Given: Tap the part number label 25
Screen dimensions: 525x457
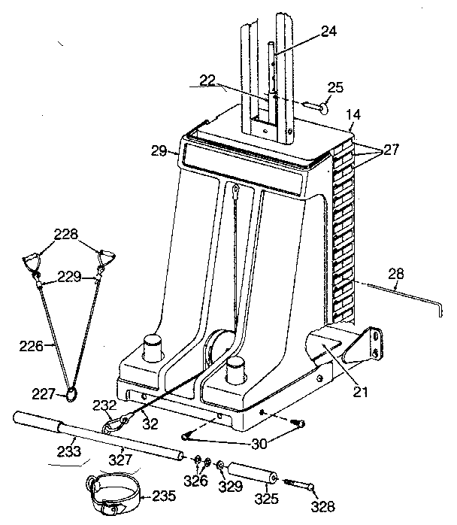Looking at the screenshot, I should pyautogui.click(x=336, y=88).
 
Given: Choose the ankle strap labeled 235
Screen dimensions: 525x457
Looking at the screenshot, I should pyautogui.click(x=113, y=497).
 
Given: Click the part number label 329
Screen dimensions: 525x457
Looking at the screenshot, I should pyautogui.click(x=229, y=487).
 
